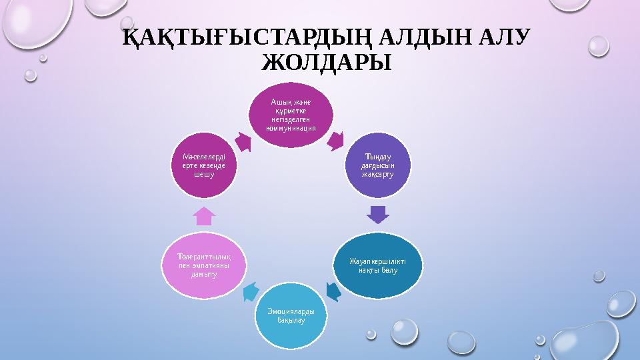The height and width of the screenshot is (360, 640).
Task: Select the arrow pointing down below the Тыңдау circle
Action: click(377, 215)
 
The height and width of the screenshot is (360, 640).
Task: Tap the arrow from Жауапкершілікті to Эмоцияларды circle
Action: click(333, 291)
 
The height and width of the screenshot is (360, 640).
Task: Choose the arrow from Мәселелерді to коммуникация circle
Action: click(243, 141)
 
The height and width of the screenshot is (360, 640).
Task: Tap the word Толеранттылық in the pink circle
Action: click(204, 256)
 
